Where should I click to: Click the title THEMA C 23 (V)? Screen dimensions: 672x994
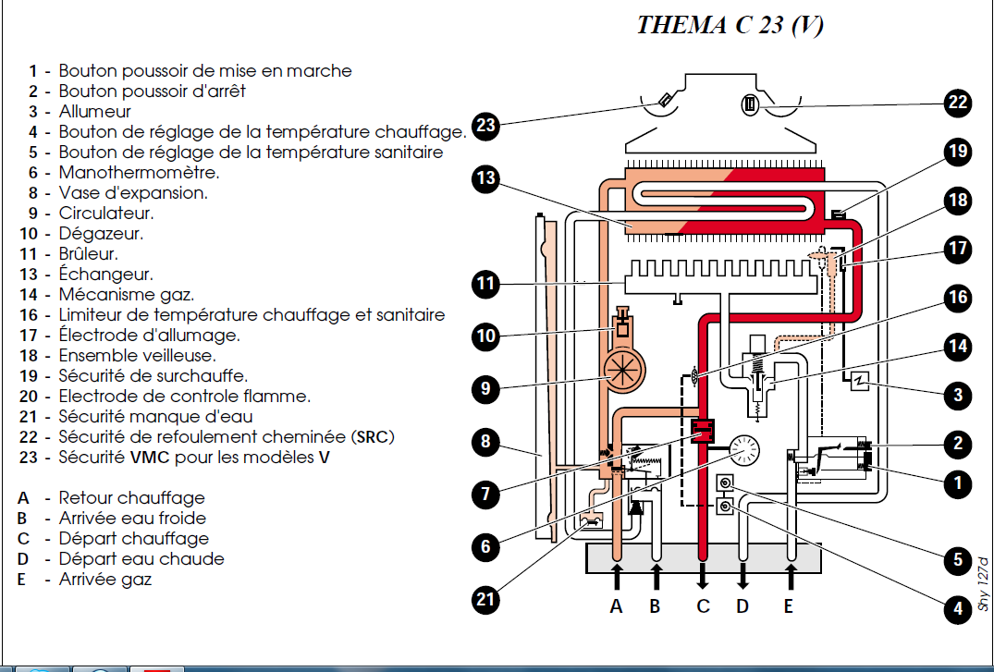pos(730,25)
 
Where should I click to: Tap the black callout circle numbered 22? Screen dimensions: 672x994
pos(958,103)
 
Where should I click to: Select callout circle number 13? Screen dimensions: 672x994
pos(486,177)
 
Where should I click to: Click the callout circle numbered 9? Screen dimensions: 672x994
pos(486,388)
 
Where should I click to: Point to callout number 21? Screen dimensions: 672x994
pos(486,599)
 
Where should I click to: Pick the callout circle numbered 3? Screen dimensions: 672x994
pos(958,396)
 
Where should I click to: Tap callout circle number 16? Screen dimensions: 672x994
pos(958,297)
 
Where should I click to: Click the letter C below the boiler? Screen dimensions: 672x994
pos(703,606)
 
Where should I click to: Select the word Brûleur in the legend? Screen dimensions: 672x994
pos(89,253)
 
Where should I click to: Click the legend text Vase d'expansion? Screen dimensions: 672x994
pos(133,192)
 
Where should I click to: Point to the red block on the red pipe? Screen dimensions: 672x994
pos(704,431)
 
